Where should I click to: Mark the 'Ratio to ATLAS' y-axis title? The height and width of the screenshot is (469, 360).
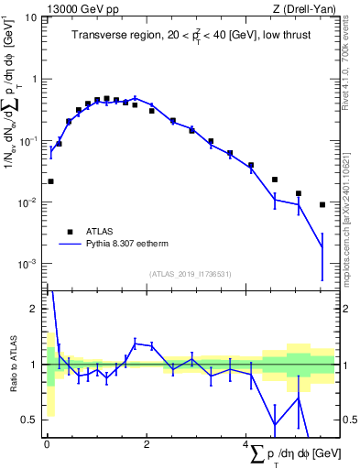[12, 364]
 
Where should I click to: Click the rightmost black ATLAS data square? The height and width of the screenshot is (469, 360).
[322, 204]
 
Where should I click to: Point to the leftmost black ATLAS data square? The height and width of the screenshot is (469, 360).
[50, 181]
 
